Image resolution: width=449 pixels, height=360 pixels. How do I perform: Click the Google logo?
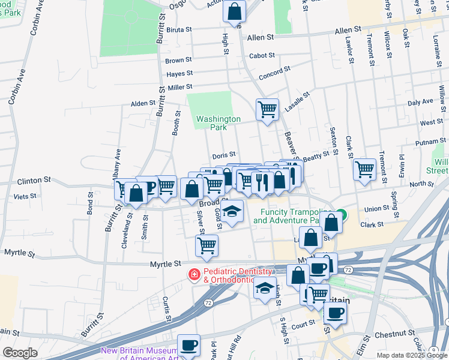click(20, 353)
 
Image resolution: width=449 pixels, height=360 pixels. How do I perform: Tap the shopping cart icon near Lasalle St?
click(267, 110)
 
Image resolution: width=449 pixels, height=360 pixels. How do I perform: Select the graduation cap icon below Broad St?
click(232, 211)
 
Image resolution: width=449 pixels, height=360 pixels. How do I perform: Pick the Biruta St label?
click(179, 29)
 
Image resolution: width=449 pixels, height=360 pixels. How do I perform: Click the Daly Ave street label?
click(420, 103)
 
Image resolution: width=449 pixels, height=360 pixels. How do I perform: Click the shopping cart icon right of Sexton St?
click(364, 169)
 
